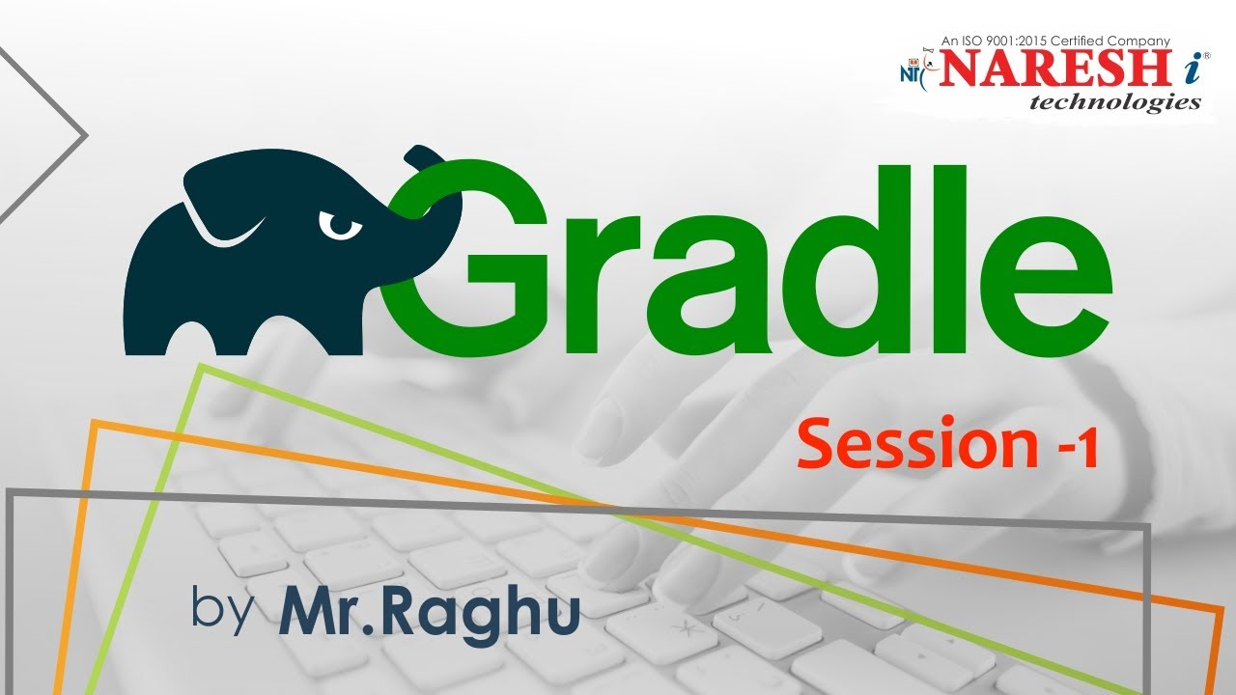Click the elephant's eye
click(x=339, y=226)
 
